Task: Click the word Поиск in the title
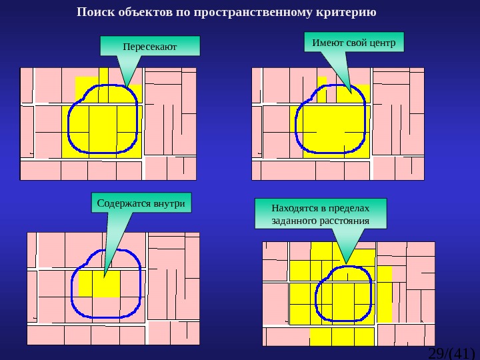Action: point(93,13)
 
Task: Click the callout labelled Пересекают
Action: point(150,46)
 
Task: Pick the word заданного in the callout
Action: point(295,220)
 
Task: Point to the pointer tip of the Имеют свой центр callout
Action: point(350,91)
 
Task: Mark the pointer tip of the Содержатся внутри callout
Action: point(105,275)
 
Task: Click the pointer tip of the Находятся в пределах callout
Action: point(345,262)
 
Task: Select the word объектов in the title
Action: point(142,13)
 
